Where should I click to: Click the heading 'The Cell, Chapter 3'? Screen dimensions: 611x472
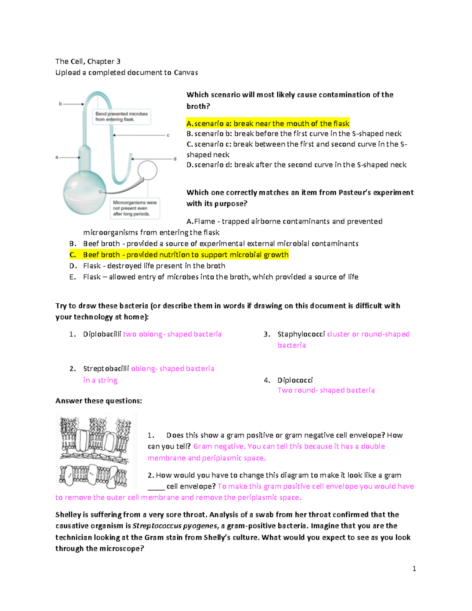coord(88,61)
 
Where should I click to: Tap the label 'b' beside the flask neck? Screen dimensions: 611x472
coord(61,104)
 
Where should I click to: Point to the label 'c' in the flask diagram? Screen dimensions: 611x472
coord(168,135)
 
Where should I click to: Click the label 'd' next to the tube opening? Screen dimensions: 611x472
coord(175,159)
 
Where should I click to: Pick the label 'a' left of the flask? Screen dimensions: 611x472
coord(57,157)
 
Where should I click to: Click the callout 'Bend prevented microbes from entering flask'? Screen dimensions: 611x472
coord(122,117)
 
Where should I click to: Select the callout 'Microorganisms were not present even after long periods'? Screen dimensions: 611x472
coord(135,208)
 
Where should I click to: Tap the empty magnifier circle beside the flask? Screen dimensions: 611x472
coord(147,170)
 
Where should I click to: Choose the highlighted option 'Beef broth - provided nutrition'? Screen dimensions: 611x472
coord(186,255)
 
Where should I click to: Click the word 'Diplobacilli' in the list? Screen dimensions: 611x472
coord(102,334)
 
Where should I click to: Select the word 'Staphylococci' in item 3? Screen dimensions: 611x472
coord(301,334)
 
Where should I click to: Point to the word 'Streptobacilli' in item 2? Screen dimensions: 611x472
coord(106,369)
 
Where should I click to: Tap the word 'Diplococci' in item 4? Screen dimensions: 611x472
coord(295,380)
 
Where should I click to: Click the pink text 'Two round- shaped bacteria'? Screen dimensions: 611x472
coord(326,390)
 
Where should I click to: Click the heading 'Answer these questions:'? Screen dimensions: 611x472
coord(98,401)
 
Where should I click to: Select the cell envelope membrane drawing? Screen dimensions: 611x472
coord(96,450)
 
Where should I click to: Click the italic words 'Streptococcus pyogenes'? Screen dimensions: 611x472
coord(175,526)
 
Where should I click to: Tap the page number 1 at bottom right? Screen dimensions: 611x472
coord(414,569)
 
